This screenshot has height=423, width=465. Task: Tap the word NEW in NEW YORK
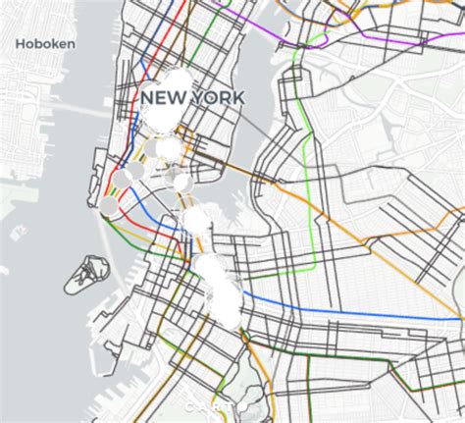161,98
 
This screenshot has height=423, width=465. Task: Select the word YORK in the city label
219,98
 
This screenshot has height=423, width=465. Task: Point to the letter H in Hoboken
21,43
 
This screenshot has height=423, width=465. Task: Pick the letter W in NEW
175,98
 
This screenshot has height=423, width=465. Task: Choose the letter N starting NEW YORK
147,98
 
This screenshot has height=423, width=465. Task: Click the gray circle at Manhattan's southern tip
109,206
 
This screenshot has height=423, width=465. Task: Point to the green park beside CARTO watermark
253,397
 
